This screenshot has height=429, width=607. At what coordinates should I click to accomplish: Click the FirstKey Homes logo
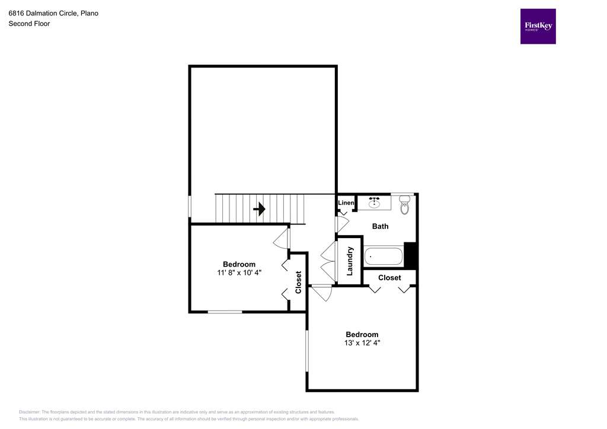[x=538, y=26]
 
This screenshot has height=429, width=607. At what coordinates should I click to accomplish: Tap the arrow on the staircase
[x=259, y=209]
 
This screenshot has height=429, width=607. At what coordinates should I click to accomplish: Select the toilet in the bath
[x=405, y=206]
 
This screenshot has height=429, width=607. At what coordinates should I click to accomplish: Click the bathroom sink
[x=375, y=203]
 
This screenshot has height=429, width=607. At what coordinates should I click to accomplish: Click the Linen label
[x=346, y=203]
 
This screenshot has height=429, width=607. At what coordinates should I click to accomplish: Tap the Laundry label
[x=350, y=261]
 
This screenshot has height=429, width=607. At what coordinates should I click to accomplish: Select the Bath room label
[x=380, y=226]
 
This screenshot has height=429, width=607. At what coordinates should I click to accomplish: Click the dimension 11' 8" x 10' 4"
[x=239, y=273]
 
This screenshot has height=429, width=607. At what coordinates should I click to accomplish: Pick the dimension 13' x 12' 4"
[x=362, y=342]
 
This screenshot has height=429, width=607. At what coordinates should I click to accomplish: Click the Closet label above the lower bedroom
[x=389, y=277]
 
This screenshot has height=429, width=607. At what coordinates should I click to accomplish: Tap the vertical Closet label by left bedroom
[x=298, y=282]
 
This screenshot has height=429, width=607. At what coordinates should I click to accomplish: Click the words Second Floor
[x=29, y=24]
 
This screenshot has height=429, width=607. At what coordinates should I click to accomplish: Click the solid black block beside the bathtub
[x=411, y=255]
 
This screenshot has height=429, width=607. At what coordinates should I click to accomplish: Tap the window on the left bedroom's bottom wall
[x=225, y=311]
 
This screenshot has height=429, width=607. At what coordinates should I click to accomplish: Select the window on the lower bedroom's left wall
[x=307, y=351]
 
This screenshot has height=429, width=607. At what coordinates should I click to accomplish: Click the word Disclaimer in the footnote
[x=29, y=412]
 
